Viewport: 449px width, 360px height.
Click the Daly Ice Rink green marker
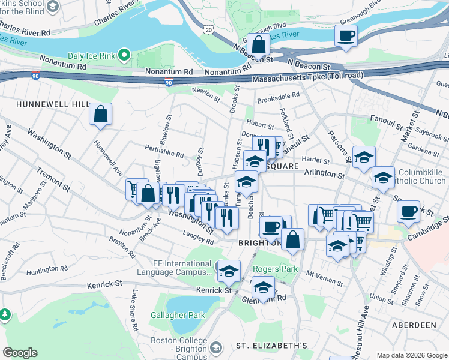125,56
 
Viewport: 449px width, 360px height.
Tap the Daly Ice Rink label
92,56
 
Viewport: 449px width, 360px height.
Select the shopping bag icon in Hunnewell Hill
101,113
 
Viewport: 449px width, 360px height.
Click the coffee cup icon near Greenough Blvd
346,35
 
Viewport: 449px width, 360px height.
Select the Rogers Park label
276,269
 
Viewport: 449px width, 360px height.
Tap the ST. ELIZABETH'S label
271,346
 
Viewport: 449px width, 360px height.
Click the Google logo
20,353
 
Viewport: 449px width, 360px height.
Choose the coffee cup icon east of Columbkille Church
408,211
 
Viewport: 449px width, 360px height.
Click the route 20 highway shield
208,29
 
